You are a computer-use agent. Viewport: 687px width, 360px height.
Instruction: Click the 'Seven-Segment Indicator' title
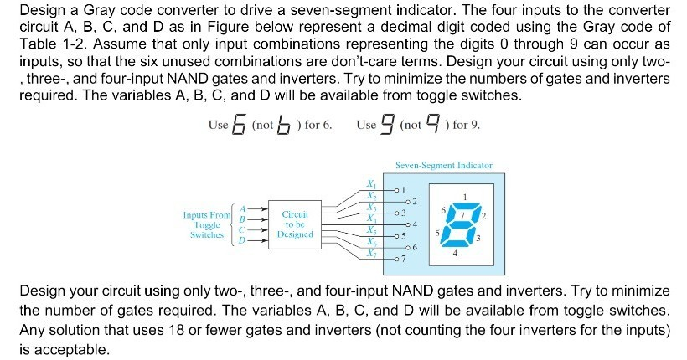tap(444, 166)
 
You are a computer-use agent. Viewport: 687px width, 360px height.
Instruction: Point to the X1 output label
tap(371, 183)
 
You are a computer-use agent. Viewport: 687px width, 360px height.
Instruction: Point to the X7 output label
tap(371, 254)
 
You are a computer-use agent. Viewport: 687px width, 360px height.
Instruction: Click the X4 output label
tap(371, 219)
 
